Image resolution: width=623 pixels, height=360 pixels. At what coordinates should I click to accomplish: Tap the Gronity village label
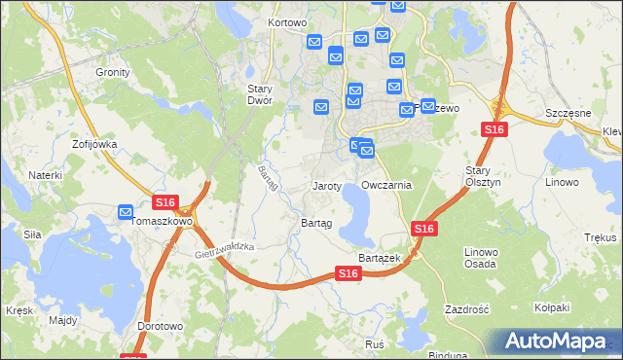click(x=113, y=72)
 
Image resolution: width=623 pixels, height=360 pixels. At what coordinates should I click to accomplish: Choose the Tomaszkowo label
click(x=162, y=222)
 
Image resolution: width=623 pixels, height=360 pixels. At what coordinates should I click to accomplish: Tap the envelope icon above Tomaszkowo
click(x=126, y=211)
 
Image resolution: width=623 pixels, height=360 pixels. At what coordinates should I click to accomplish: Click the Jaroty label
click(x=326, y=185)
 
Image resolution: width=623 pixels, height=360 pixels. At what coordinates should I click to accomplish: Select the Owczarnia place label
click(x=386, y=185)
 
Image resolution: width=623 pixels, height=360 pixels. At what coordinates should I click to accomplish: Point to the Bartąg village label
click(x=316, y=223)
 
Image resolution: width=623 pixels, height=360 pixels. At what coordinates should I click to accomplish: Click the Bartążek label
click(x=380, y=258)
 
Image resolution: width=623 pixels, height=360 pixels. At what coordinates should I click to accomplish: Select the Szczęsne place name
click(x=569, y=113)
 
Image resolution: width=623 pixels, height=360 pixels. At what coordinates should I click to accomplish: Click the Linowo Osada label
click(x=481, y=258)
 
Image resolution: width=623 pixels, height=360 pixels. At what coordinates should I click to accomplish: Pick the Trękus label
click(x=601, y=237)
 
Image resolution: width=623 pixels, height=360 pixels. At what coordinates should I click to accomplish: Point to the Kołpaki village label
click(x=552, y=307)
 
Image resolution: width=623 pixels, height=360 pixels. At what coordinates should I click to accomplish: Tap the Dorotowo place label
click(x=161, y=327)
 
